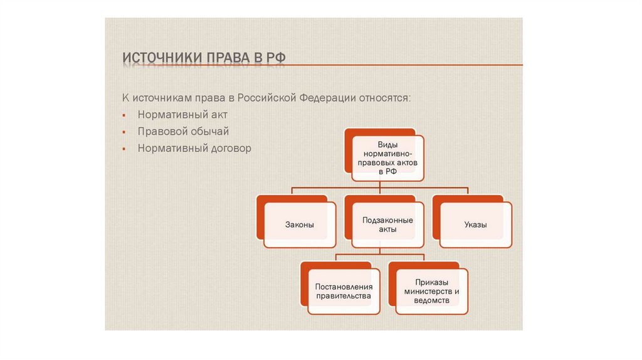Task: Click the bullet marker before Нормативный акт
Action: [x=124, y=116]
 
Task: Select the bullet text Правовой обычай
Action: [x=183, y=132]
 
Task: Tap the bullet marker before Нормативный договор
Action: [x=124, y=149]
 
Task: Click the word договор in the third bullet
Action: [x=229, y=149]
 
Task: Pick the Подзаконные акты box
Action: [x=387, y=225]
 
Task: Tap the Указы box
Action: [x=475, y=225]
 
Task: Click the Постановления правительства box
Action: [x=344, y=290]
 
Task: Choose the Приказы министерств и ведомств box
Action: [x=431, y=290]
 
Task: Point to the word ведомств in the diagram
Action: [x=431, y=300]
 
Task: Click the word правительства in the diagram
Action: [x=344, y=295]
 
